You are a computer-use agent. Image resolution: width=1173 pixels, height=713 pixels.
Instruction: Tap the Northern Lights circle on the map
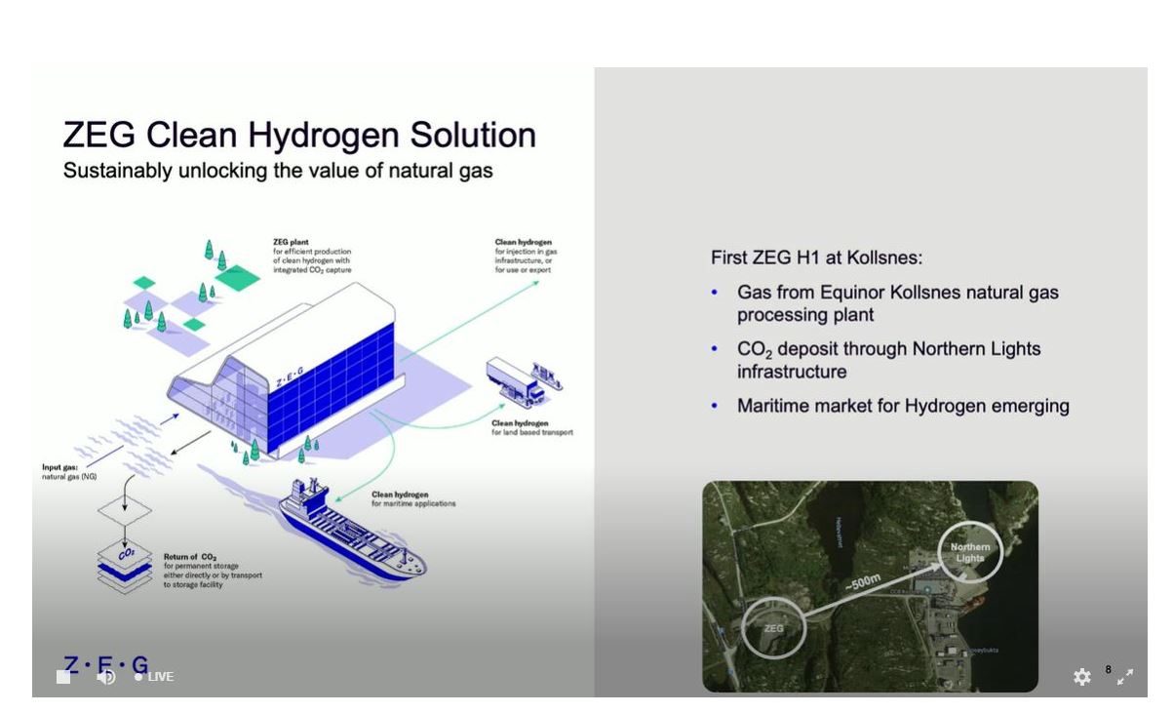[x=970, y=552]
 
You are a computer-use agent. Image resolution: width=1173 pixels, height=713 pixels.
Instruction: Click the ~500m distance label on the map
[x=863, y=583]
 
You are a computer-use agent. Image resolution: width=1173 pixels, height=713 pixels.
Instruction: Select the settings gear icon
[x=1081, y=677]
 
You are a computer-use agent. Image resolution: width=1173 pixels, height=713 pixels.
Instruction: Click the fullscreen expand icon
[x=1125, y=676]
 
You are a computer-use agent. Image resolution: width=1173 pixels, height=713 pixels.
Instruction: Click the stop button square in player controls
[x=63, y=677]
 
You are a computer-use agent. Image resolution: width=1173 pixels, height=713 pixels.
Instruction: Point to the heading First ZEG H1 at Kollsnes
[x=816, y=258]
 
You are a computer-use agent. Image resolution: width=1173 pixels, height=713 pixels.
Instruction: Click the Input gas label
[x=59, y=468]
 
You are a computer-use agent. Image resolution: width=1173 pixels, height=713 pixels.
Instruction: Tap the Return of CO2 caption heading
[x=189, y=557]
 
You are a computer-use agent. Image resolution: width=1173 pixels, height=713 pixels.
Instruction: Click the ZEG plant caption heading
[x=292, y=242]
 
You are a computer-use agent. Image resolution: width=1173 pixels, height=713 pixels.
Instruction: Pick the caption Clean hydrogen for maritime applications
[x=412, y=499]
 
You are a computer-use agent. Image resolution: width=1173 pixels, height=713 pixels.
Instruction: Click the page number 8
[x=1108, y=669]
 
